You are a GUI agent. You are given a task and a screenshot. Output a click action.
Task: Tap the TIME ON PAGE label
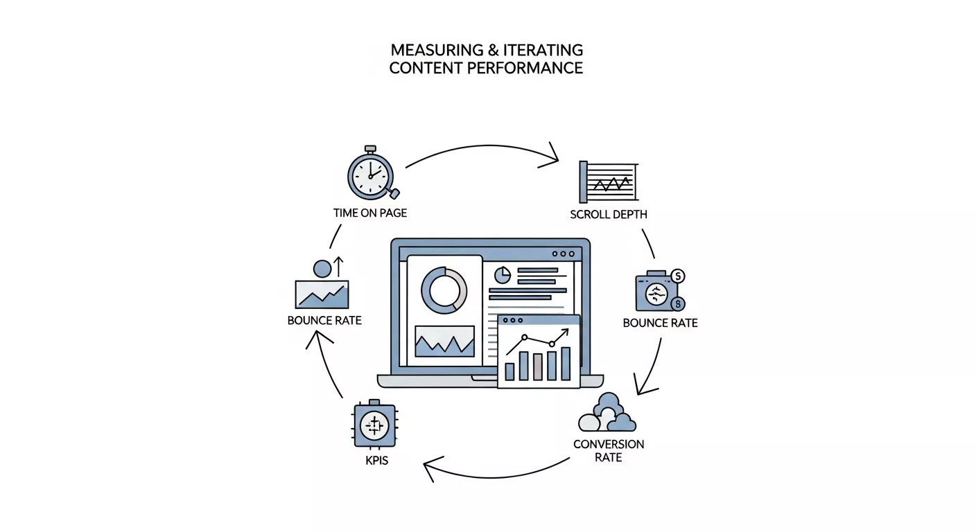pyautogui.click(x=370, y=213)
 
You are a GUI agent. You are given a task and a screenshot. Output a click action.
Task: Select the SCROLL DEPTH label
pyautogui.click(x=609, y=215)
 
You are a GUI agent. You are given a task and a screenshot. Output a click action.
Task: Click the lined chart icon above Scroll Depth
pyautogui.click(x=608, y=182)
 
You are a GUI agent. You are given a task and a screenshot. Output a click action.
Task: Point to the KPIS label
pyautogui.click(x=376, y=460)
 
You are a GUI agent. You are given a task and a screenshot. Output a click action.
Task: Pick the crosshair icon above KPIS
pyautogui.click(x=374, y=425)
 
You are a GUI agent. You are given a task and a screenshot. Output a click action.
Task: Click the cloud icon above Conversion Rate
pyautogui.click(x=607, y=414)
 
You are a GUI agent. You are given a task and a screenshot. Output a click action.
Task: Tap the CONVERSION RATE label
pyautogui.click(x=608, y=450)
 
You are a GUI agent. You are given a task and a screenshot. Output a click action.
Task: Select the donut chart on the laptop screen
pyautogui.click(x=444, y=290)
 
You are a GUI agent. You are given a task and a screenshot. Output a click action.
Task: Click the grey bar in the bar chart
pyautogui.click(x=537, y=366)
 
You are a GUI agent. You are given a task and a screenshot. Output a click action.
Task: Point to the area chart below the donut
pyautogui.click(x=444, y=341)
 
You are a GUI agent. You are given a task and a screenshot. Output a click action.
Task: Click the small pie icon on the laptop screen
pyautogui.click(x=502, y=275)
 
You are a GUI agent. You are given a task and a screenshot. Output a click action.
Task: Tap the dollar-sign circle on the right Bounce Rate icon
pyautogui.click(x=678, y=276)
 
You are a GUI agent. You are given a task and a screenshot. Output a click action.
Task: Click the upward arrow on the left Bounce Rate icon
pyautogui.click(x=339, y=267)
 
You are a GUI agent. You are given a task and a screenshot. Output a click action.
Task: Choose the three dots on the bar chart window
pyautogui.click(x=513, y=321)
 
